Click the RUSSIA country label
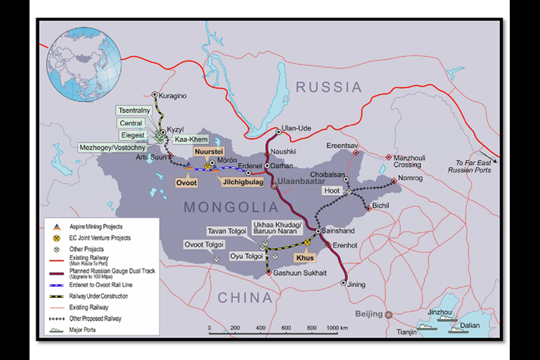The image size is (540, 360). point(328,87)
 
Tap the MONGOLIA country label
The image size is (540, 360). point(231,207)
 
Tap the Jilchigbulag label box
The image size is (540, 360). point(243,181)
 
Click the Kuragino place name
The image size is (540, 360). point(173,96)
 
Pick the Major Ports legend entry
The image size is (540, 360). point(84,329)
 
